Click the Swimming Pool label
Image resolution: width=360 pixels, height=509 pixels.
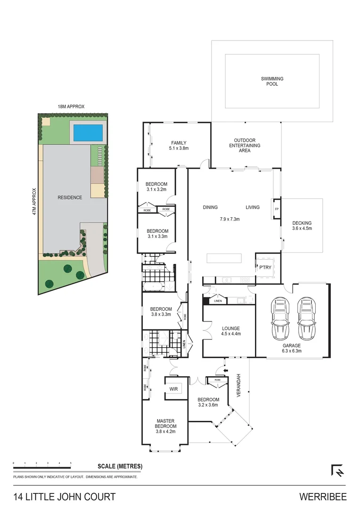pos(272,82)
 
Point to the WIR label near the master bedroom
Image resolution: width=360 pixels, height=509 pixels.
pos(173,389)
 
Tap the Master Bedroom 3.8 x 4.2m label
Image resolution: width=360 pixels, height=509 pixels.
pos(165,426)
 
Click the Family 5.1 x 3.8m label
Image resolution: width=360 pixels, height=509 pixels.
pos(179,145)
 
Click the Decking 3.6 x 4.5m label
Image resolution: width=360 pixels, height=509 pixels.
pos(302,226)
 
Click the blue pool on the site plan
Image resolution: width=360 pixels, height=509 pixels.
pos(88,132)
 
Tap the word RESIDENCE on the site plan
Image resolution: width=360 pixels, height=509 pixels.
pos(70,197)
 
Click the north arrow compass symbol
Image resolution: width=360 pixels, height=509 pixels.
pos(337,470)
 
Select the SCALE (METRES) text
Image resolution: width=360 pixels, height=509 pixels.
pos(120,467)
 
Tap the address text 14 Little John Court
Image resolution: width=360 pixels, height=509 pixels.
pos(65,497)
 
